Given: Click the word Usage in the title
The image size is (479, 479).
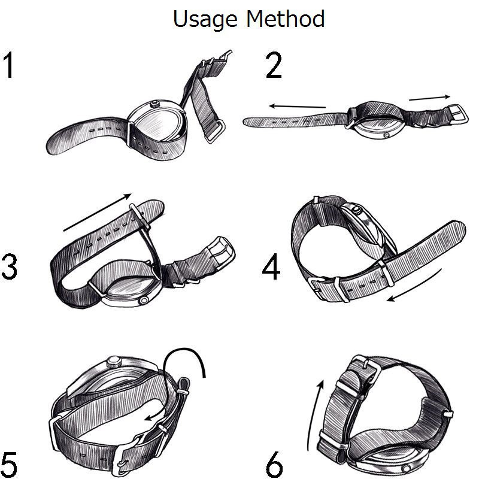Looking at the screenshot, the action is pos(205,20).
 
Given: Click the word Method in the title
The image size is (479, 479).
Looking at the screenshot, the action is pos(286,19).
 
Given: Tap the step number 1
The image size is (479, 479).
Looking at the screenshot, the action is pos(8,65).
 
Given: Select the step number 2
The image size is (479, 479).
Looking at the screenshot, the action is pos(274,65).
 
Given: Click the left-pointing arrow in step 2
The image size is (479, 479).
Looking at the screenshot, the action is pos(297,107).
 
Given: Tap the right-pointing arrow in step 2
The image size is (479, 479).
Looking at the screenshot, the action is pos(429,98).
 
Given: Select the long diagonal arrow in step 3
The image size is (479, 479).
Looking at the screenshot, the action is pos(98,213).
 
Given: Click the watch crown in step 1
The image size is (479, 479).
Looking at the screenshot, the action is pos(155,104).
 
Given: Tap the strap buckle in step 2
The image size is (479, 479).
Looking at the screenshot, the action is pos(458,113).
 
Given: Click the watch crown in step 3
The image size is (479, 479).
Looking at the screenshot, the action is pos(143,301).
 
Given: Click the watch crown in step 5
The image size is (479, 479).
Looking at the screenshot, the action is pos(114,362).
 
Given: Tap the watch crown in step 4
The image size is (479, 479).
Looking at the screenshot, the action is pos(356,210).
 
